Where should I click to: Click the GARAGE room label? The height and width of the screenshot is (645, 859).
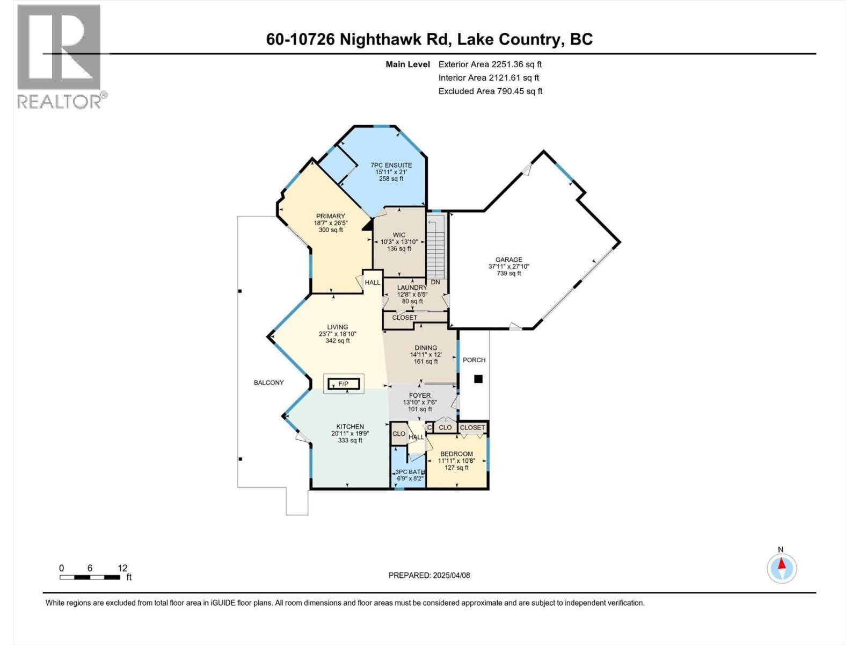[x=508, y=260]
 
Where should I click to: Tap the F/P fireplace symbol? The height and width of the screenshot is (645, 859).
[x=343, y=384]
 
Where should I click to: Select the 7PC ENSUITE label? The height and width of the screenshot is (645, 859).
[x=391, y=166]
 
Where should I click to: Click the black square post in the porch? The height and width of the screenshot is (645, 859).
[x=478, y=379]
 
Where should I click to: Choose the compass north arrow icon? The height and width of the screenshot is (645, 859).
[x=782, y=567]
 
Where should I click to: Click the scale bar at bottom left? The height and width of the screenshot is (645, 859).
[x=90, y=577]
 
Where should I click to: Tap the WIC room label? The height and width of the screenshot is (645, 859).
[x=399, y=235]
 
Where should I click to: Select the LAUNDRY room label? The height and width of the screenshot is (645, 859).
[x=412, y=288]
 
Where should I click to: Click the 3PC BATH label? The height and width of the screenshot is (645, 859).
[x=410, y=472]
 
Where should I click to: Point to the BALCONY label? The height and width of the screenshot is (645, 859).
[x=268, y=383]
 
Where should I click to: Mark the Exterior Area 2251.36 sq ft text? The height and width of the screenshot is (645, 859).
[x=490, y=64]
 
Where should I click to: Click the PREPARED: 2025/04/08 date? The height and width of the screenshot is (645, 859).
[x=429, y=575]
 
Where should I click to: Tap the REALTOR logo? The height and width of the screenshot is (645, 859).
[x=60, y=56]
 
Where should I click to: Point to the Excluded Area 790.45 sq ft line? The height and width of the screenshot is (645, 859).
[x=490, y=91]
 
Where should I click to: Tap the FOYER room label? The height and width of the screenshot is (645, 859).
[x=419, y=396]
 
